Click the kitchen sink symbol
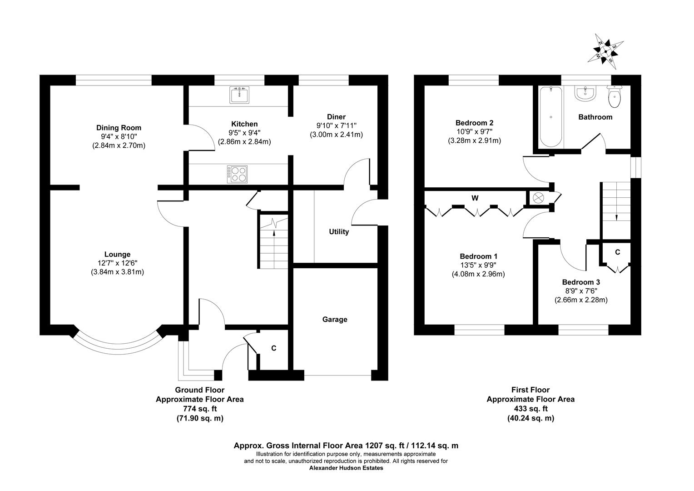(x=239, y=95)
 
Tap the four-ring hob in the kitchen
(x=238, y=174)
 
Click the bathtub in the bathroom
(x=551, y=117)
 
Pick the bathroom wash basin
(x=585, y=93)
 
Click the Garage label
(x=335, y=320)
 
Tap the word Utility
(x=339, y=232)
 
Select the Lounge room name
(x=118, y=254)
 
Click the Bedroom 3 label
(x=581, y=282)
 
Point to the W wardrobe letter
(x=475, y=198)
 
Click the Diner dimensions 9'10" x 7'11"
(x=337, y=125)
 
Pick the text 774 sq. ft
(x=200, y=409)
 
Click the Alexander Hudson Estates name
(x=346, y=468)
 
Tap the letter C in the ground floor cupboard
(x=273, y=348)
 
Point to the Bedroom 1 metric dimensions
(x=478, y=274)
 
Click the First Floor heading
(x=530, y=390)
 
